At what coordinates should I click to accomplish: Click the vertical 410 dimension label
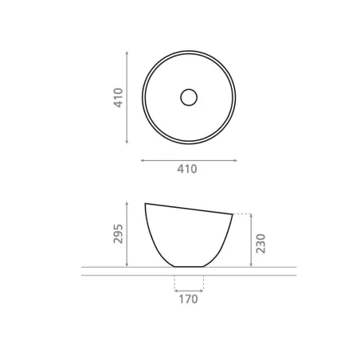click(118, 98)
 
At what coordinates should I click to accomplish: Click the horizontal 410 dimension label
click(187, 169)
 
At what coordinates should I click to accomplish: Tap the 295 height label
click(118, 234)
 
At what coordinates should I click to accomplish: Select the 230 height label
click(260, 244)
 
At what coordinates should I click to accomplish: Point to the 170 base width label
click(188, 299)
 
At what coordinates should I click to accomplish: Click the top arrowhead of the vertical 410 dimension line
click(127, 53)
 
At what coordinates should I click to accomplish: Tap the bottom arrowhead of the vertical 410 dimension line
click(127, 142)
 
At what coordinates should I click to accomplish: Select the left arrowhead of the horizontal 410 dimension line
click(143, 160)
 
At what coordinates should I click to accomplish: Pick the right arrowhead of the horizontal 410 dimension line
click(235, 160)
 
